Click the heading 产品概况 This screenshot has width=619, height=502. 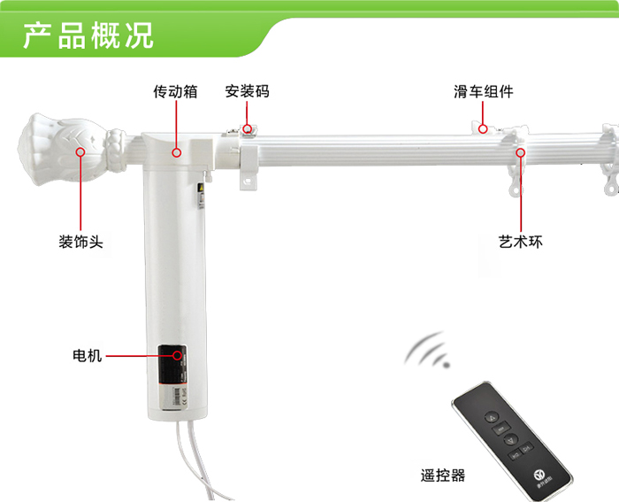coord(88,35)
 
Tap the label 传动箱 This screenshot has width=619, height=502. coord(176,91)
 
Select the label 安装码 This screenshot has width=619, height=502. coord(247,91)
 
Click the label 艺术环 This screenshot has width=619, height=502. coord(521,241)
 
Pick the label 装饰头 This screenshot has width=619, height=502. coord(81,241)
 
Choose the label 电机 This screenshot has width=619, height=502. coord(88,356)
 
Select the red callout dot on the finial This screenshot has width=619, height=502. coord(81,151)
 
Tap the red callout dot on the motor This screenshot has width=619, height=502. coord(180,356)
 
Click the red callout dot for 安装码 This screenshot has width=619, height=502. coord(248,129)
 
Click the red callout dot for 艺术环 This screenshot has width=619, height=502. coord(521,151)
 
